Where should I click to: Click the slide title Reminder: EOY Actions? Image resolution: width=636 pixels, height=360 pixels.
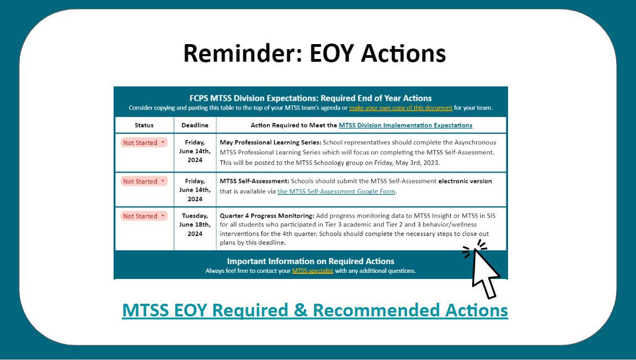coord(314,53)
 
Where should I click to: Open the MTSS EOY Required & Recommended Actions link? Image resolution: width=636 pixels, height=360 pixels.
coord(314,310)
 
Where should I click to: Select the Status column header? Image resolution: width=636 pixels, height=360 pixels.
coord(144,125)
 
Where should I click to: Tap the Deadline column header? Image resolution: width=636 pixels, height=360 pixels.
coord(195,125)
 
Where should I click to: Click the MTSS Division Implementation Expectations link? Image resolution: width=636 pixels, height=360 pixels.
coord(405,125)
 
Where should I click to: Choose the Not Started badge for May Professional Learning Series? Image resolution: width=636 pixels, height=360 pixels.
coord(143,143)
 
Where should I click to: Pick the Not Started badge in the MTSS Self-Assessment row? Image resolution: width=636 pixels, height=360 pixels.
coord(143,181)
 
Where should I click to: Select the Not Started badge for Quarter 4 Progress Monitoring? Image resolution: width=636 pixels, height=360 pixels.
coord(143,216)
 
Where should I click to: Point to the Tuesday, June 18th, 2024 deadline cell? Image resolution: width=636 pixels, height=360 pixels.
coord(195,225)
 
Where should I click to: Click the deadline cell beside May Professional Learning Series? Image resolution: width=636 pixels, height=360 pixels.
coord(195,151)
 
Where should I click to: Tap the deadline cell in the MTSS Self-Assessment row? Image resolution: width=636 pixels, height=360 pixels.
coord(195,190)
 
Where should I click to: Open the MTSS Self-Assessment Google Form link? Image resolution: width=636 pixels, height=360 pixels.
coord(336,191)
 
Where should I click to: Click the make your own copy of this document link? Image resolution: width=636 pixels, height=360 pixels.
coord(400,108)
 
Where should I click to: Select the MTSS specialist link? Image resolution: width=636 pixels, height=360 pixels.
coord(313,271)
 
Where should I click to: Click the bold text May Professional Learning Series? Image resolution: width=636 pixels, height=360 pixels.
coord(259,143)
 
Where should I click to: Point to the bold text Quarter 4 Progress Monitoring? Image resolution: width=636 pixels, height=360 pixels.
coord(267,216)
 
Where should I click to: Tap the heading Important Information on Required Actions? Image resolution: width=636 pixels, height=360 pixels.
coord(311,261)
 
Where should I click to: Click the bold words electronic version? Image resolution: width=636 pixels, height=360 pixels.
coord(465,181)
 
